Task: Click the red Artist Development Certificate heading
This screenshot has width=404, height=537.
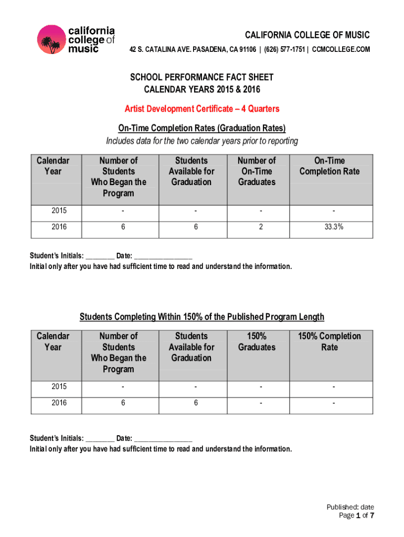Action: (202, 109)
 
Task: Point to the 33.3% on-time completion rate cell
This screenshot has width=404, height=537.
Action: (332, 229)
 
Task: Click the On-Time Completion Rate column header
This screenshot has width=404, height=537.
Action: (329, 166)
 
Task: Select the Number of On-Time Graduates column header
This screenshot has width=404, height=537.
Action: (257, 171)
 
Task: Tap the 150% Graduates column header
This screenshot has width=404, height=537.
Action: (257, 341)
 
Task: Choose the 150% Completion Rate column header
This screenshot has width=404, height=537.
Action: (329, 341)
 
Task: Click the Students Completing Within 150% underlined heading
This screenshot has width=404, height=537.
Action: (202, 317)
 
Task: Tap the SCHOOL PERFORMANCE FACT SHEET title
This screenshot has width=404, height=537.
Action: (202, 78)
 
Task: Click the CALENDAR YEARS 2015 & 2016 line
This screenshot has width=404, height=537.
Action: (202, 90)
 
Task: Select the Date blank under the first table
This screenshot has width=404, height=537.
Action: (163, 256)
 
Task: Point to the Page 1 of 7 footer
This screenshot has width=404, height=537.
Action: (357, 516)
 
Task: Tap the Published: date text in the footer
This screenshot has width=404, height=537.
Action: (350, 507)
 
